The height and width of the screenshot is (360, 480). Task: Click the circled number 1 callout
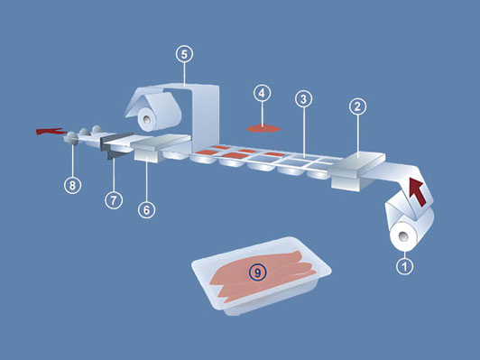tap(405, 266)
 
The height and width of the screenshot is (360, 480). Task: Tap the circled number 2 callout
tap(357, 106)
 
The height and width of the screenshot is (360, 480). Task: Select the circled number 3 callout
tap(303, 99)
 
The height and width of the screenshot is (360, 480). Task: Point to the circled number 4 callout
tap(262, 93)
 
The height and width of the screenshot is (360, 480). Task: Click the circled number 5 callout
tap(184, 54)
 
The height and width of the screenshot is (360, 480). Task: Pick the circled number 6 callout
tap(146, 209)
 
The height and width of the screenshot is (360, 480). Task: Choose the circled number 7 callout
tap(114, 200)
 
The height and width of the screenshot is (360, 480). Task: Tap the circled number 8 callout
tap(72, 185)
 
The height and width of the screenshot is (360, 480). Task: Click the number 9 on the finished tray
tap(257, 272)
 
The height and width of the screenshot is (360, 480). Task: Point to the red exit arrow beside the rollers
tap(50, 132)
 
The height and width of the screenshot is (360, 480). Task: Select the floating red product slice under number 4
tap(263, 128)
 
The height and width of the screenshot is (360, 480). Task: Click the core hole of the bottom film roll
tap(404, 236)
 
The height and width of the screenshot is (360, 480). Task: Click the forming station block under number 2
tap(357, 171)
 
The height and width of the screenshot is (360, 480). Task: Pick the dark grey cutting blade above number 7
tap(117, 145)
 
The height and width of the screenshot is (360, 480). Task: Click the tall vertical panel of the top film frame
tap(206, 117)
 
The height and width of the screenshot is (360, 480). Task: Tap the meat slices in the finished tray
tap(263, 275)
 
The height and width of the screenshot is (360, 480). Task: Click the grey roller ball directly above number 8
tap(71, 137)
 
